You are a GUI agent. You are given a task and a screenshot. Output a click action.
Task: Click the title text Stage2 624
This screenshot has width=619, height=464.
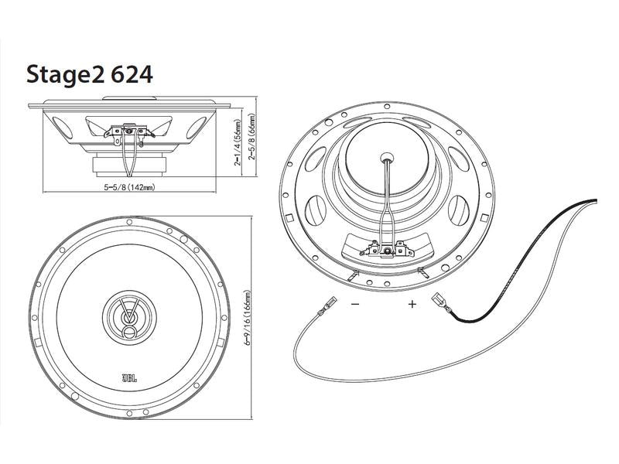click(x=90, y=74)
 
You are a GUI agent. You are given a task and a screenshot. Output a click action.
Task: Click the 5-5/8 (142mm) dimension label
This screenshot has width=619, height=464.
click(x=130, y=187)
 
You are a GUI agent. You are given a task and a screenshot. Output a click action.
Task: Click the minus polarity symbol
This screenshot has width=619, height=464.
click(x=355, y=305)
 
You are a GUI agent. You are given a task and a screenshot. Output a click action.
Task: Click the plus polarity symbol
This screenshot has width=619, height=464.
click(x=412, y=305)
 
